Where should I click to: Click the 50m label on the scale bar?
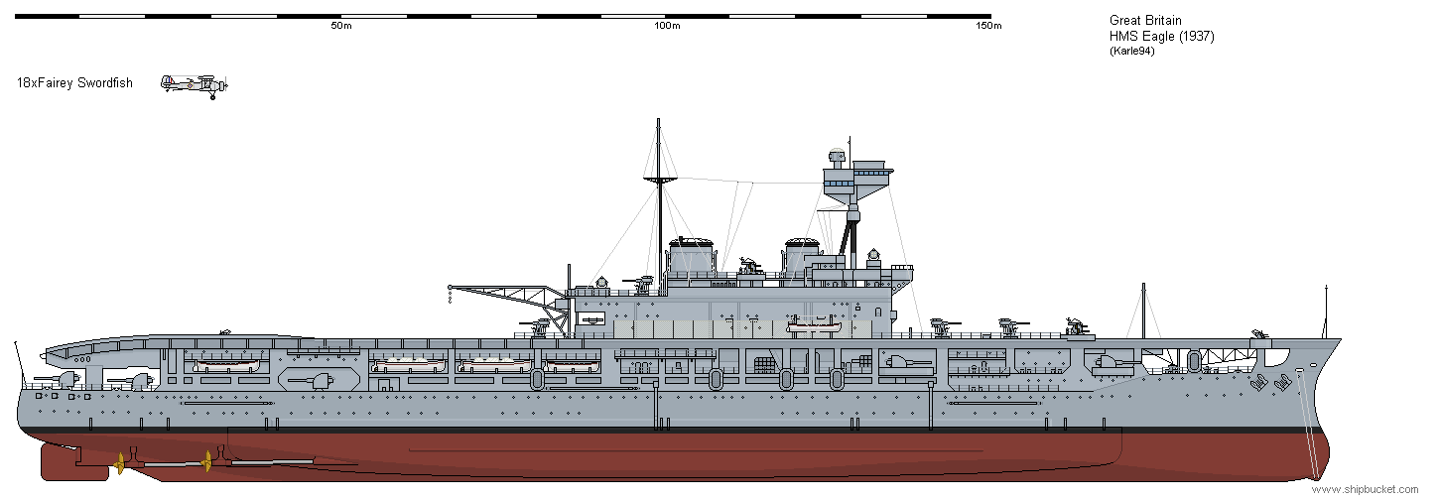coord(341,26)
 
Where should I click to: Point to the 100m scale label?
coord(667,26)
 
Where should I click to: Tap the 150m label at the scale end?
coord(988,26)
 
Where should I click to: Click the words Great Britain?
coord(1145,20)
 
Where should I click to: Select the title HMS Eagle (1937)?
coord(1161,36)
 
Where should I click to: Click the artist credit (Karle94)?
coord(1132,51)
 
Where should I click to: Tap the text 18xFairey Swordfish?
coord(74,83)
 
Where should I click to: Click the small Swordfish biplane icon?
coord(195,85)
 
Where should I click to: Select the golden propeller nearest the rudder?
coord(119,463)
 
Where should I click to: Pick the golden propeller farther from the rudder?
coord(206,461)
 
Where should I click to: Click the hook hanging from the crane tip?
coord(451,298)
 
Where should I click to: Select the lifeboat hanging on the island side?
coord(814,327)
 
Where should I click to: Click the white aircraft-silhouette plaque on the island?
coord(589,318)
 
